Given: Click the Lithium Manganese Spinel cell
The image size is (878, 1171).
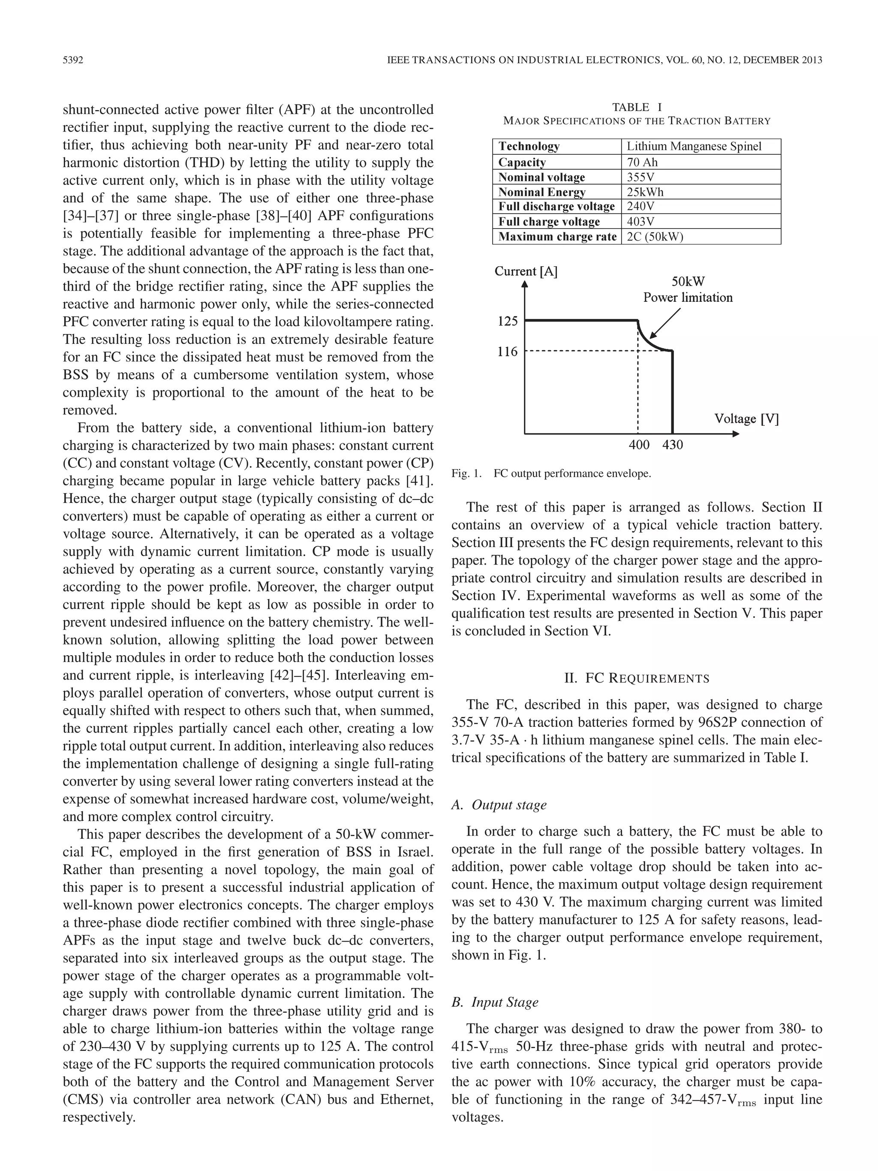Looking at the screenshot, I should [x=694, y=147].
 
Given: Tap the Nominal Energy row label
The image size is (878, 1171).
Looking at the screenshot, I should [x=542, y=192].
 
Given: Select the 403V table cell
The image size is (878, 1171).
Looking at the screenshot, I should [x=640, y=222].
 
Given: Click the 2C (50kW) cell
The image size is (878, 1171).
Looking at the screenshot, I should [x=655, y=237].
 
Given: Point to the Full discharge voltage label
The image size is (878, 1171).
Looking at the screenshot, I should [x=556, y=207].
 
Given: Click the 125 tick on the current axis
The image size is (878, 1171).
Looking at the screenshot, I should [x=507, y=321].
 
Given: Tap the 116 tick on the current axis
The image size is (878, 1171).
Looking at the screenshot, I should [x=507, y=352].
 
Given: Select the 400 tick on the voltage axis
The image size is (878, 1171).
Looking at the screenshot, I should [x=639, y=445].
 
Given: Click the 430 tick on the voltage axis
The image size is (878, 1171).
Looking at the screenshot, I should [x=673, y=445].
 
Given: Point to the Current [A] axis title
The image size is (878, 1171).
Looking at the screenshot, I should [x=526, y=271].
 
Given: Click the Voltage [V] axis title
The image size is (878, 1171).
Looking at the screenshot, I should [x=746, y=419].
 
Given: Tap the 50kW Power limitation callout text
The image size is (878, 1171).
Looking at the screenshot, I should [x=688, y=289].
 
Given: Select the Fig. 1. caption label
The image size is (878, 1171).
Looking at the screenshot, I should [x=466, y=474].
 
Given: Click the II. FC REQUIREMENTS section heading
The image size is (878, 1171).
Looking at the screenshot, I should [x=637, y=678].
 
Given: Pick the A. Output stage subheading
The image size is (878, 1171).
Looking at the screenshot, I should [x=499, y=805].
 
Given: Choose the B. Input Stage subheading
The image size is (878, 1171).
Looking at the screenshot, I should [x=494, y=1002].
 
